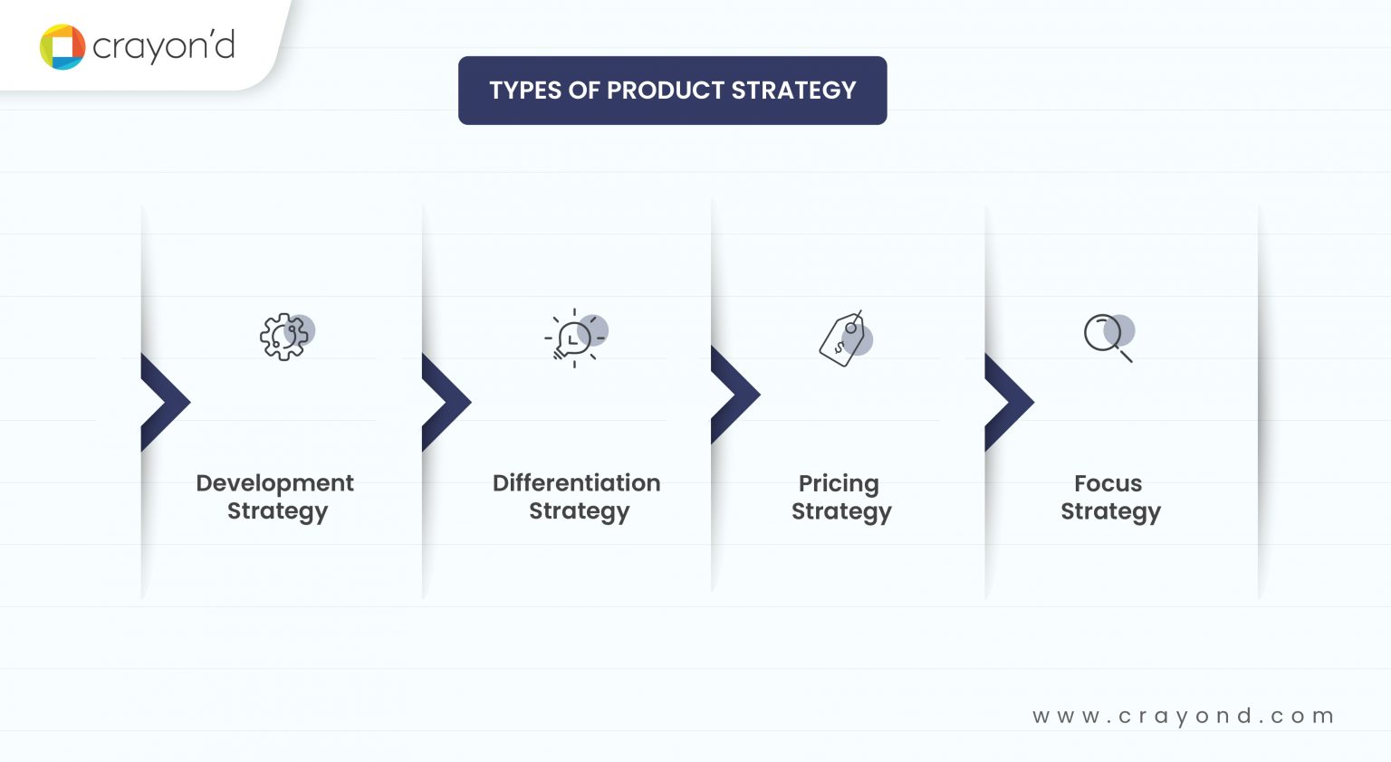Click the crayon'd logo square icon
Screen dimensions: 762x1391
tap(62, 47)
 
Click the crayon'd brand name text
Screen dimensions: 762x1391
tap(164, 46)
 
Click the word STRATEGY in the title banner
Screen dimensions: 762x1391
tap(793, 90)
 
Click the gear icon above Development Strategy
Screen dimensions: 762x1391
tap(284, 337)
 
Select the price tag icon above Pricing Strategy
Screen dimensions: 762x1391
tap(843, 338)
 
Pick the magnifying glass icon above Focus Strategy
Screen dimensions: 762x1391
tap(1108, 337)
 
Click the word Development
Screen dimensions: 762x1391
tap(274, 483)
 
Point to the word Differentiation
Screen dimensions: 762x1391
tap(576, 483)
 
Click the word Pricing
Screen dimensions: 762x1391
tap(839, 484)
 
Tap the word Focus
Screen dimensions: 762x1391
tap(1108, 483)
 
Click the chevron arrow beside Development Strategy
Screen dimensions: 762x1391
tap(165, 402)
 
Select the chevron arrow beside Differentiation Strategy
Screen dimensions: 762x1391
tap(446, 402)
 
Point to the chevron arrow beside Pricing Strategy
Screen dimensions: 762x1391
tap(734, 395)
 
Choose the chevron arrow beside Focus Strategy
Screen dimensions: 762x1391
tap(1008, 402)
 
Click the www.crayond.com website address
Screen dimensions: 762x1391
tap(1183, 716)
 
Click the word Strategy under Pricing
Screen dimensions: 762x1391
tap(841, 512)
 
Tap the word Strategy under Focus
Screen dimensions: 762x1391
tap(1110, 512)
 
